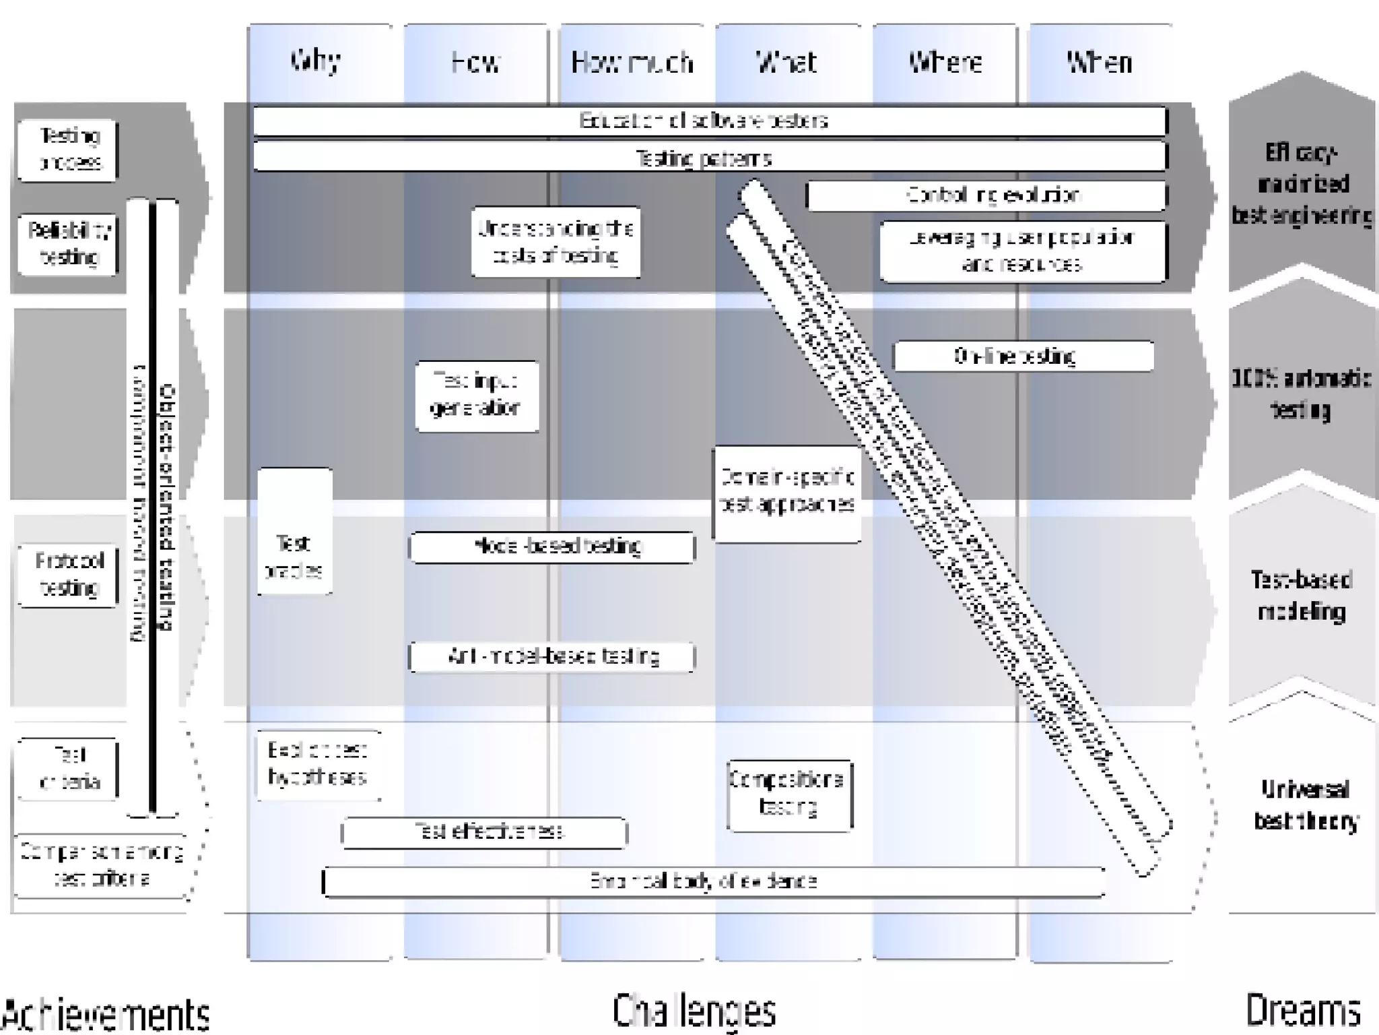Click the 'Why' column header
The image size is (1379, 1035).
[316, 61]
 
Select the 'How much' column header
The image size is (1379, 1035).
[632, 63]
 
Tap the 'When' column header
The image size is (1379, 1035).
[1099, 63]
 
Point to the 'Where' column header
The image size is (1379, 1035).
[945, 63]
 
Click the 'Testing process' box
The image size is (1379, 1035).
[68, 150]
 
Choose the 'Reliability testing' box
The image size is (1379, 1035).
[68, 244]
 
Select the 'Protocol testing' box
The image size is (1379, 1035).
[68, 575]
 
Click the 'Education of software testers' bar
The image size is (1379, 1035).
[710, 121]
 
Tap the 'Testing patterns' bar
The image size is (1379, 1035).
[710, 158]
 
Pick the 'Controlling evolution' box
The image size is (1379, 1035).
[986, 195]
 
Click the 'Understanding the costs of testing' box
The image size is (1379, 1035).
[556, 242]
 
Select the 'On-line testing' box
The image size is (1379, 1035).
[1023, 356]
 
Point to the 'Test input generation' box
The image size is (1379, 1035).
[477, 396]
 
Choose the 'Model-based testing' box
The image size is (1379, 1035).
[552, 546]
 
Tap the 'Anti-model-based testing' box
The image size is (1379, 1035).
[552, 657]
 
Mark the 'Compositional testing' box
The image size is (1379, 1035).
[789, 795]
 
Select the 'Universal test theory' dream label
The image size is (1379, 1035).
[1304, 805]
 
